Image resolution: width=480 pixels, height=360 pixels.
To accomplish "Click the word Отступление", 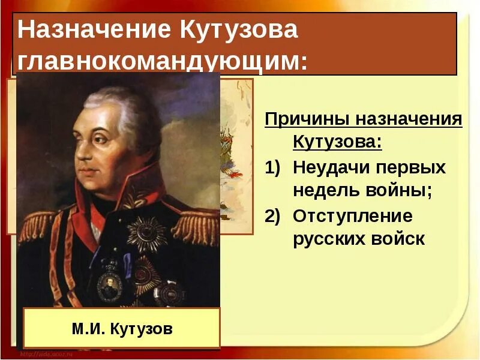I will click(353, 215).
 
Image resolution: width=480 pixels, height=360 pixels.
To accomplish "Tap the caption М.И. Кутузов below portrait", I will click(122, 328).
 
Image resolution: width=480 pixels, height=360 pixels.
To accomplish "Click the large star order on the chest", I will click(146, 234).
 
